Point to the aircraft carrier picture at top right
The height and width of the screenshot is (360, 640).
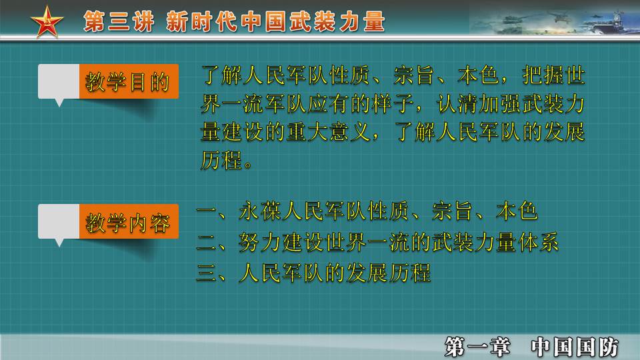coord(553,20)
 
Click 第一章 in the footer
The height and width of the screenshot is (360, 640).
coord(477,346)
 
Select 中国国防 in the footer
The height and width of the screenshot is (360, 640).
coord(575,346)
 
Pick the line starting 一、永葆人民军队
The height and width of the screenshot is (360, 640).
coord(367,213)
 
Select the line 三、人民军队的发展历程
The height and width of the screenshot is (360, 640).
coord(314,272)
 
